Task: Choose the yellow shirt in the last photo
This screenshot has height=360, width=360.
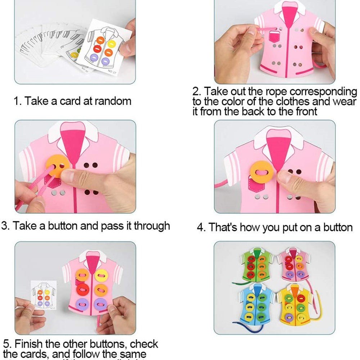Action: [296, 305]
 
